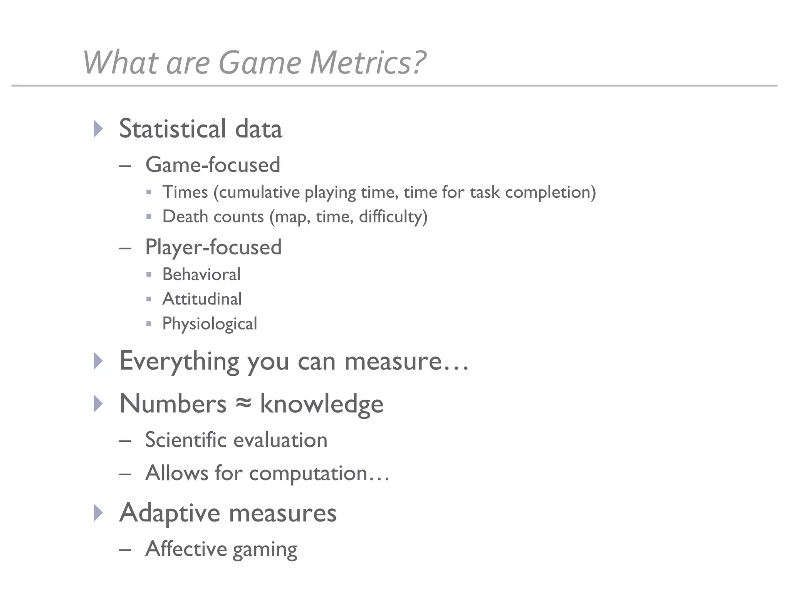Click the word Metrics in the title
(x=368, y=62)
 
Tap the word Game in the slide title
(x=260, y=62)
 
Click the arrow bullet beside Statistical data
(x=99, y=128)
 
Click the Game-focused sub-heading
(x=213, y=165)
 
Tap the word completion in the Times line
(x=550, y=192)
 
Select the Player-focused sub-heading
(x=213, y=247)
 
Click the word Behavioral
(x=201, y=274)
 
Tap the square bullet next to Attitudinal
(x=149, y=299)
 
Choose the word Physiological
(x=210, y=324)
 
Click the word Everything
(x=179, y=361)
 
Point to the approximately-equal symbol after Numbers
(x=243, y=404)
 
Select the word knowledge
(x=322, y=404)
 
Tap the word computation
(x=308, y=473)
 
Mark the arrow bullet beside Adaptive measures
(x=99, y=513)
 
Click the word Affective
(x=186, y=548)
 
